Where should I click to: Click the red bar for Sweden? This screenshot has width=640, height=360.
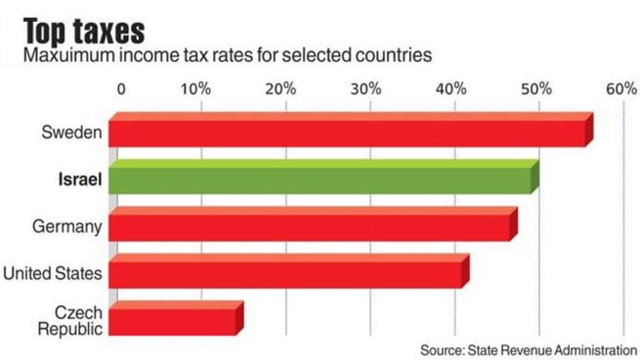coord(347,133)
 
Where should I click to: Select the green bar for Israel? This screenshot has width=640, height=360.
coord(320,180)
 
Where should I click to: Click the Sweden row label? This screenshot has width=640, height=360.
coord(71,132)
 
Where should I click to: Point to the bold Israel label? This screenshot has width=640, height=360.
coord(79,180)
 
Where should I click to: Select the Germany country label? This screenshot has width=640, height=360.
coord(67,227)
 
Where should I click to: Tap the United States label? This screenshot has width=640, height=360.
coord(52,274)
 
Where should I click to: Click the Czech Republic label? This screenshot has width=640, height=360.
coord(70,320)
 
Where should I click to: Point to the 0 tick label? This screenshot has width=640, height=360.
coord(121,89)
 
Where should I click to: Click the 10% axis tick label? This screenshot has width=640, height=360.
coord(196,89)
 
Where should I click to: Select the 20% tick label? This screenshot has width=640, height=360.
coord(281,89)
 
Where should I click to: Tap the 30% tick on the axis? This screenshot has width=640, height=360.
coord(366,89)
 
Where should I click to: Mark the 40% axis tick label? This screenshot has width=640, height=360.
coord(451,89)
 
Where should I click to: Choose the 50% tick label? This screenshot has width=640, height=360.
coord(536,89)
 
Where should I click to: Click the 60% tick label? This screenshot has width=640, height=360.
coord(621,89)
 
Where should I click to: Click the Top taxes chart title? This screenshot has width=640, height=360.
coord(84,30)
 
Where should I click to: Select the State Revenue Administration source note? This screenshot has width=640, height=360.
coord(529,350)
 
